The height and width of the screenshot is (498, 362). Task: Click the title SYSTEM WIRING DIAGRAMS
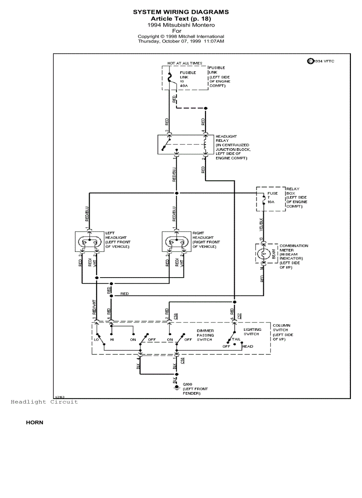pyautogui.click(x=181, y=12)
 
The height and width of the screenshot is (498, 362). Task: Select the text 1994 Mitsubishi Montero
pyautogui.click(x=181, y=25)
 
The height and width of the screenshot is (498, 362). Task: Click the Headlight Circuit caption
pyautogui.click(x=44, y=401)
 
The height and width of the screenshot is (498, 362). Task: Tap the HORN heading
pyautogui.click(x=35, y=423)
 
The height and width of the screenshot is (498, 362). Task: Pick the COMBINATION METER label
pyautogui.click(x=294, y=248)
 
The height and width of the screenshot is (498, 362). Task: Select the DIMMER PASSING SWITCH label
pyautogui.click(x=205, y=335)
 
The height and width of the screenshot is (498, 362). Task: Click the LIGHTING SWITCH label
pyautogui.click(x=252, y=332)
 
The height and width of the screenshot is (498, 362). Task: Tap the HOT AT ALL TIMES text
pyautogui.click(x=184, y=63)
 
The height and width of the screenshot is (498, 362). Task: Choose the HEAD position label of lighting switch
pyautogui.click(x=248, y=346)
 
